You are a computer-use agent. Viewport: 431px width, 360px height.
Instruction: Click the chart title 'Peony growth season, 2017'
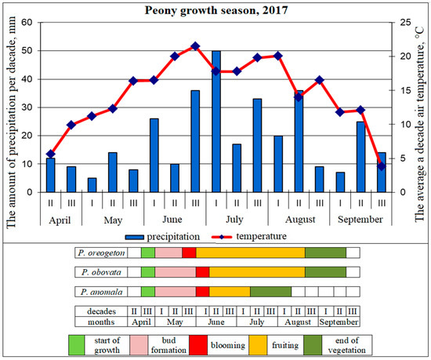pos(215,10)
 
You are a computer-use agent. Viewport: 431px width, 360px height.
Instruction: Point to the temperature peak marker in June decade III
pos(195,45)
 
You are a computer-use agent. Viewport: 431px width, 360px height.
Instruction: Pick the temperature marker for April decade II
pos(51,154)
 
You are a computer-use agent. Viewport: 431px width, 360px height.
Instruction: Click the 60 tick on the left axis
pos(27,22)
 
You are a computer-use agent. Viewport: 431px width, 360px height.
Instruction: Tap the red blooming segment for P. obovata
pos(202,271)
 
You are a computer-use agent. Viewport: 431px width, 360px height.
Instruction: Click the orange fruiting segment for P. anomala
pos(230,291)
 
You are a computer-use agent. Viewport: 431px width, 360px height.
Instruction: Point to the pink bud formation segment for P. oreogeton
pos(168,252)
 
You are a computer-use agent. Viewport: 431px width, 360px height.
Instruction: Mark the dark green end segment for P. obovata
pos(325,271)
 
